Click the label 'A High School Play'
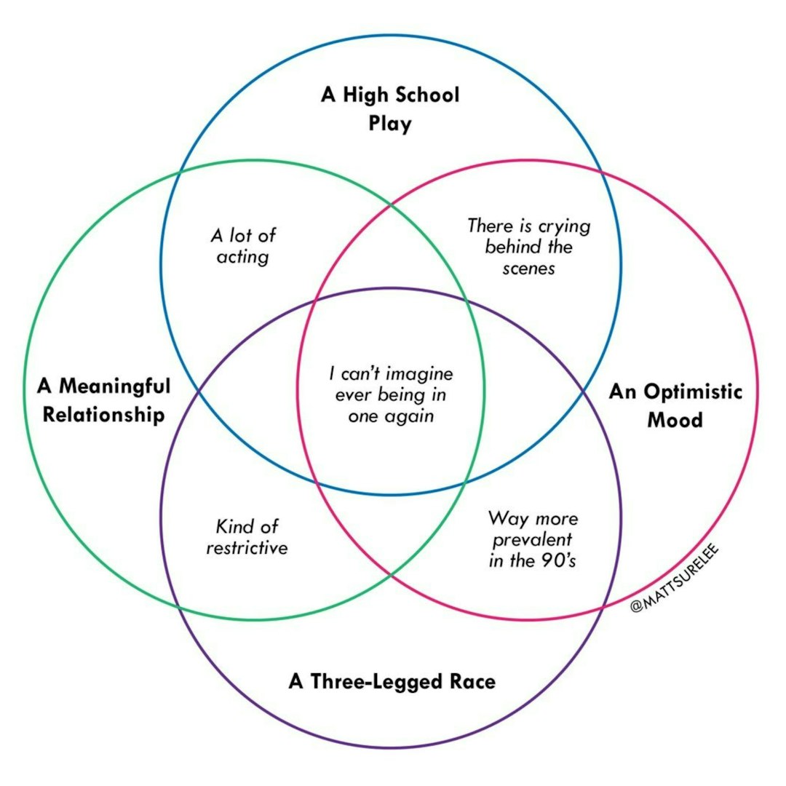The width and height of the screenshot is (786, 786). pos(390,108)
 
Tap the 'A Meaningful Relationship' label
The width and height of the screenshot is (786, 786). pos(103,400)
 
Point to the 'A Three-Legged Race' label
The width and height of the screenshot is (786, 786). pos(392,682)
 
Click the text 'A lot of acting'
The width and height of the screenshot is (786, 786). pos(243,246)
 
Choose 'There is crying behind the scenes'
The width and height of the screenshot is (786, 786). pos(528,247)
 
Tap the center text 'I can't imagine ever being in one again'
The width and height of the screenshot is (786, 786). pos(391,395)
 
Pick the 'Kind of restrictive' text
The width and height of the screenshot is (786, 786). pos(247,536)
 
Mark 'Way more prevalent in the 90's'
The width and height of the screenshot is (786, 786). pos(533,539)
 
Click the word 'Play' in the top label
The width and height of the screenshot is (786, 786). pos(390,123)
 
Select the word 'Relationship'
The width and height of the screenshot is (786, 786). pos(103,415)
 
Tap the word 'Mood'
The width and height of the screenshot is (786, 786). pos(675,420)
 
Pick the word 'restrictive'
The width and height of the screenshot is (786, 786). pos(247,547)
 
